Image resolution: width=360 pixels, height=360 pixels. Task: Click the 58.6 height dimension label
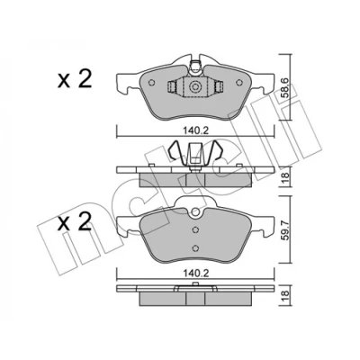click(285, 87)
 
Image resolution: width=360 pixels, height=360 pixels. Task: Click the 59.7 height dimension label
click(285, 229)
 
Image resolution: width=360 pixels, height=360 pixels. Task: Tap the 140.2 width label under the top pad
click(195, 130)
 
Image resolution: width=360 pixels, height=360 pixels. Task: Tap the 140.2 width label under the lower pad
click(195, 274)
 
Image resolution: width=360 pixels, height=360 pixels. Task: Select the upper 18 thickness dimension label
click(285, 178)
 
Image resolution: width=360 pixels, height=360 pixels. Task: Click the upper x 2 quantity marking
click(75, 79)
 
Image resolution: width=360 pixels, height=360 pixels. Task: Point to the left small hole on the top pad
click(151, 83)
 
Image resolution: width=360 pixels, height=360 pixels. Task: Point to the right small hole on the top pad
click(239, 83)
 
